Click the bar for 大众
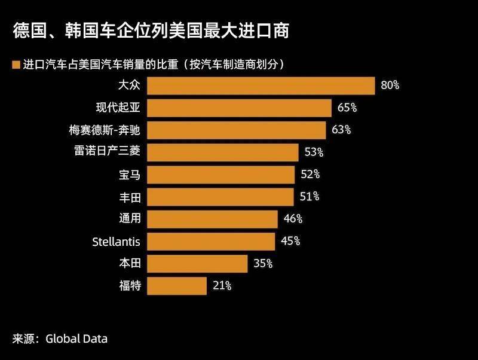261,86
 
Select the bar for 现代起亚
239,108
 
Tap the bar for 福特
177,285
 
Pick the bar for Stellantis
211,241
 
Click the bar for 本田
197,263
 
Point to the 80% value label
390,86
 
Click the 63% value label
341,130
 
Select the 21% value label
222,286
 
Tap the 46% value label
293,219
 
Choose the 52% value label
310,175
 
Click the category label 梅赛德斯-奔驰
105,130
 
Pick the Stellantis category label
117,242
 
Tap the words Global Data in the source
75,339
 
